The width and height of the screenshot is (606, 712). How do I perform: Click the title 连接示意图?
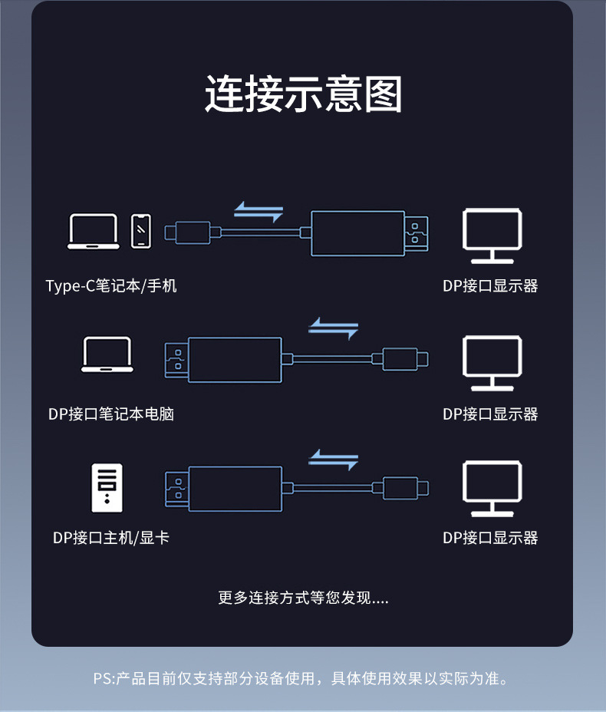[303, 95]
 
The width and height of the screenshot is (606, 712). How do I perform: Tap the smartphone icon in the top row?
[141, 231]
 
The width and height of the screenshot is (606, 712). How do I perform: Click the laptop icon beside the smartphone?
[93, 231]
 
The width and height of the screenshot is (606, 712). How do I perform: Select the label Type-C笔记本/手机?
[111, 286]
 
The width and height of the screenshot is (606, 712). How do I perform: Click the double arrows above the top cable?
[259, 212]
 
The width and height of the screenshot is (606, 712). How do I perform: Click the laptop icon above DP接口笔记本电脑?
[107, 355]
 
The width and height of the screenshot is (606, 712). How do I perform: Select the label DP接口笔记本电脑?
[111, 414]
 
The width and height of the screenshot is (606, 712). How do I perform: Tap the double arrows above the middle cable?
[333, 329]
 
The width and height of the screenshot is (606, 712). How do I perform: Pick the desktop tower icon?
[107, 487]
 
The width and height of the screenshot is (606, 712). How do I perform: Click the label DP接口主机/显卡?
[111, 538]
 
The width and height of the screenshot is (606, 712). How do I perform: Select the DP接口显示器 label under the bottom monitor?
[490, 538]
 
